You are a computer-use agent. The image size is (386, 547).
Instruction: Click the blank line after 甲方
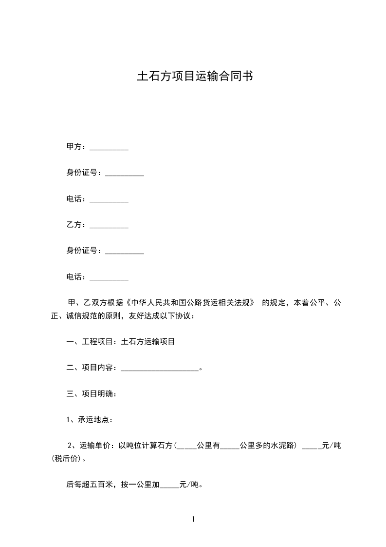(x=109, y=149)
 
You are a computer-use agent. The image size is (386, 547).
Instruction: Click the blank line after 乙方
(x=109, y=227)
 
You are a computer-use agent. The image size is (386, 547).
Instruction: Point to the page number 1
(x=193, y=519)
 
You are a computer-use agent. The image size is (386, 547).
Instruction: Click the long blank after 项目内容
(x=159, y=370)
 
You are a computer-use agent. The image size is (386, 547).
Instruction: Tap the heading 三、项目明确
(x=91, y=394)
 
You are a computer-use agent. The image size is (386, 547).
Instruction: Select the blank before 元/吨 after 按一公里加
(x=169, y=487)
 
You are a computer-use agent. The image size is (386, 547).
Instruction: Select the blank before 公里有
(x=186, y=448)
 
